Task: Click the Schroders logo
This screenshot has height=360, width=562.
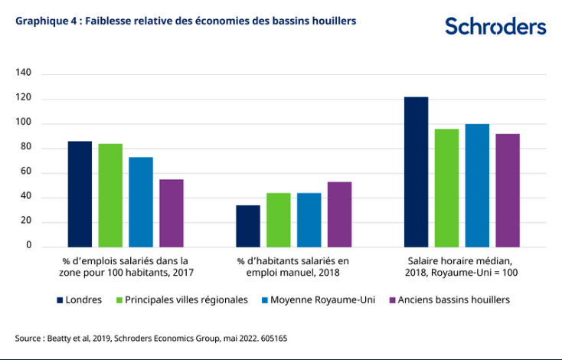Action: pos(495,26)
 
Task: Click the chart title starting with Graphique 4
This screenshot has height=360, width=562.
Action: pos(186,21)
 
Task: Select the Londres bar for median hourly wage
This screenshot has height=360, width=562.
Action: pos(416,172)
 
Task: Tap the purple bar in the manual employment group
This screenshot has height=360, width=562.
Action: pos(339,214)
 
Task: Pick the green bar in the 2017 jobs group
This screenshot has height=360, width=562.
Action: pos(110,195)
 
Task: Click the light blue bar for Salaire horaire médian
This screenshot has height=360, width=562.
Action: pos(477,185)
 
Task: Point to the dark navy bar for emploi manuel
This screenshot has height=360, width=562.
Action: pos(248,226)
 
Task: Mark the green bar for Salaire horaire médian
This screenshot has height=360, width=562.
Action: pos(446,188)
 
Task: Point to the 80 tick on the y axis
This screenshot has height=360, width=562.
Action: pos(25,148)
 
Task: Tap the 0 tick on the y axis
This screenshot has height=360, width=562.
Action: pos(28,247)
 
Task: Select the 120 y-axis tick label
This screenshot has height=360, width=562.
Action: pos(23,99)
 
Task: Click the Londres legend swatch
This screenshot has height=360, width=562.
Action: pos(59,300)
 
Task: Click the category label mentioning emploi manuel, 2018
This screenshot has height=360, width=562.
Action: pos(293,267)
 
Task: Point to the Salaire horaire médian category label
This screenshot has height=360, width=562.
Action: pos(462,267)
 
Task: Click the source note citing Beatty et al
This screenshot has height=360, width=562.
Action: pos(151,338)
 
